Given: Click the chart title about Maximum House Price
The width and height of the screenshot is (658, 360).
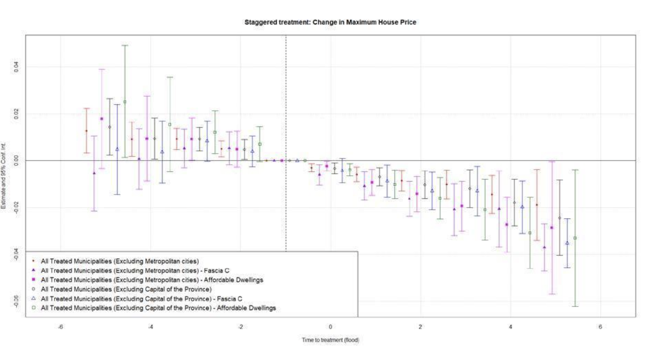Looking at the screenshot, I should point(330,22).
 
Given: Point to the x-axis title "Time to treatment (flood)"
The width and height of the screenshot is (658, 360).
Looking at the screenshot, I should point(330,340).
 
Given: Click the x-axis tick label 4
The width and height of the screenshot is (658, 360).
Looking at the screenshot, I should point(511,326).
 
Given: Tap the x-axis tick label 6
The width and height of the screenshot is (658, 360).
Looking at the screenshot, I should point(600,326).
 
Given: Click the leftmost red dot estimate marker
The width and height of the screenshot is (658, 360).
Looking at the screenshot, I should point(86,131).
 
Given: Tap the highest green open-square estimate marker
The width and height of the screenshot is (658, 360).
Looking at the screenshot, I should point(125,102).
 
